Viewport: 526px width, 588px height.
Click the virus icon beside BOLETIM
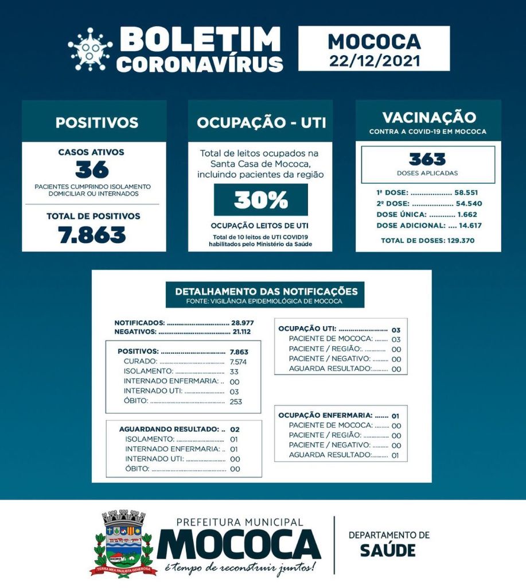[90, 49]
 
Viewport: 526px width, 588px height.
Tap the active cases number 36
[92, 170]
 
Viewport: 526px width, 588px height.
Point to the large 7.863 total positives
[92, 235]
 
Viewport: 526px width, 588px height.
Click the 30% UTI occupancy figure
[260, 200]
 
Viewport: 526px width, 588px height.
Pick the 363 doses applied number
[427, 159]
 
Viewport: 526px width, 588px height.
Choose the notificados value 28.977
[243, 323]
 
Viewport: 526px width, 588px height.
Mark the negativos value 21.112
[241, 332]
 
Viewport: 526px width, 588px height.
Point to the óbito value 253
[235, 401]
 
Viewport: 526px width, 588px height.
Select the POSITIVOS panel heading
[97, 122]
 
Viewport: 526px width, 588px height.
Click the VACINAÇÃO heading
[428, 118]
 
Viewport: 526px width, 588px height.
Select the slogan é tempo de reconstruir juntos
[239, 568]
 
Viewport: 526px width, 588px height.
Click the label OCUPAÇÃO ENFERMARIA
[325, 415]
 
